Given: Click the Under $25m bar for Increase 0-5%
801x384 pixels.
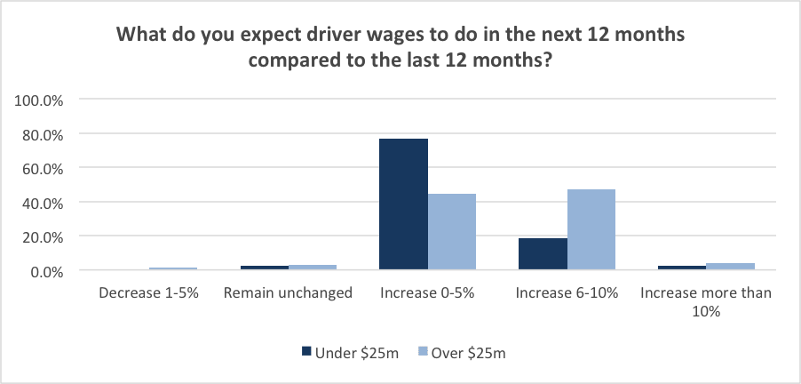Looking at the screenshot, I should [x=403, y=204].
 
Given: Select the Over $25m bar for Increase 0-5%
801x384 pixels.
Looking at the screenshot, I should [x=452, y=232].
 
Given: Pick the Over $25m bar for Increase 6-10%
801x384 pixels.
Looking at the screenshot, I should [x=591, y=229].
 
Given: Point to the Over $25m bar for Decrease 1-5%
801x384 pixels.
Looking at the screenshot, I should [x=173, y=268].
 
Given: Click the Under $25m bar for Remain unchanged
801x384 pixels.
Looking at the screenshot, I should [x=264, y=268].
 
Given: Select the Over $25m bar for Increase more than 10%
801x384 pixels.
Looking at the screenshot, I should [x=731, y=267].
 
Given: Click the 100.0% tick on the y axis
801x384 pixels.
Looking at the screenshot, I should [x=39, y=100].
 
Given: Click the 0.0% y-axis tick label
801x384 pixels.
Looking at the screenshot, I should [x=45, y=271].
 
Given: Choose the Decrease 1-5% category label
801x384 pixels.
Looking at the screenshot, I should [x=148, y=292].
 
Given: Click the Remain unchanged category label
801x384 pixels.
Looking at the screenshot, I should [x=289, y=292].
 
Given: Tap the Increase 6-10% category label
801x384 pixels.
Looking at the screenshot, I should [x=567, y=292].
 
